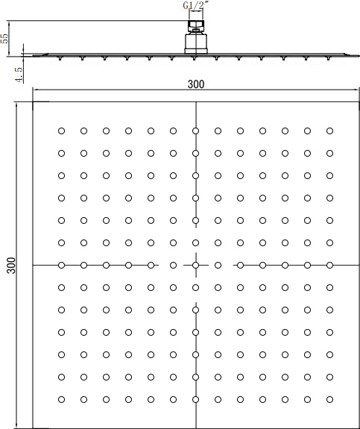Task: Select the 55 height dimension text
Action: (5, 38)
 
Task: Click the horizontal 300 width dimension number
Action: (196, 84)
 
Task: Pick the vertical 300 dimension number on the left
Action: (10, 265)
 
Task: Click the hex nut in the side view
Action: (196, 28)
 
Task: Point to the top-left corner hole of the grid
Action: (61, 131)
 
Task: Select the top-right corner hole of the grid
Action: (329, 131)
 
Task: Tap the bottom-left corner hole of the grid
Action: (61, 398)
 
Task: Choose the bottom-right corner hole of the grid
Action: (329, 398)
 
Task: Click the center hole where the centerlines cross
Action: (195, 265)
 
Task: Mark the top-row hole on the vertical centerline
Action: (195, 131)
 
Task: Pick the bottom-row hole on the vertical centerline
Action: (195, 398)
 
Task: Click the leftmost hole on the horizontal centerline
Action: (61, 265)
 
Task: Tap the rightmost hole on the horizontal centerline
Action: (329, 265)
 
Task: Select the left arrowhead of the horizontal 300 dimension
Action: (35, 91)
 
